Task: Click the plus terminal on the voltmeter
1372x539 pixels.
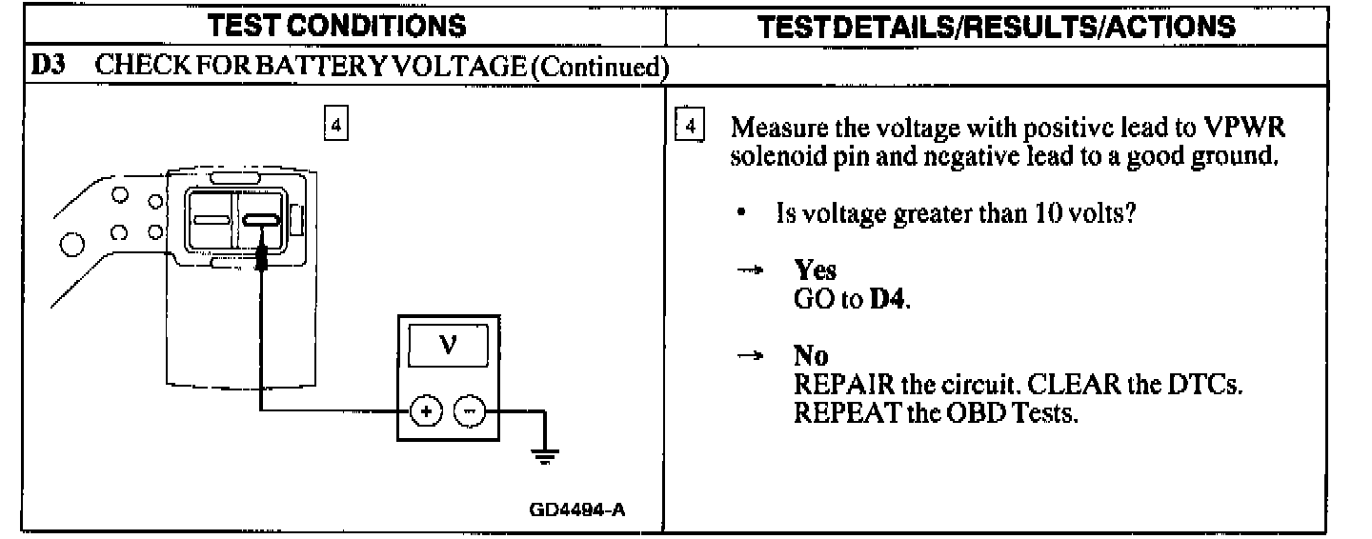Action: tap(426, 411)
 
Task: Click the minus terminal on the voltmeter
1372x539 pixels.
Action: tap(469, 411)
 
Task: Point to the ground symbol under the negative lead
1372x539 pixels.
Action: tap(544, 455)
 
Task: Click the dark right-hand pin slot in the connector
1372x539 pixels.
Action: tap(261, 220)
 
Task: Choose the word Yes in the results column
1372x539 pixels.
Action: tap(815, 271)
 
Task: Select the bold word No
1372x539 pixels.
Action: tap(811, 355)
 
